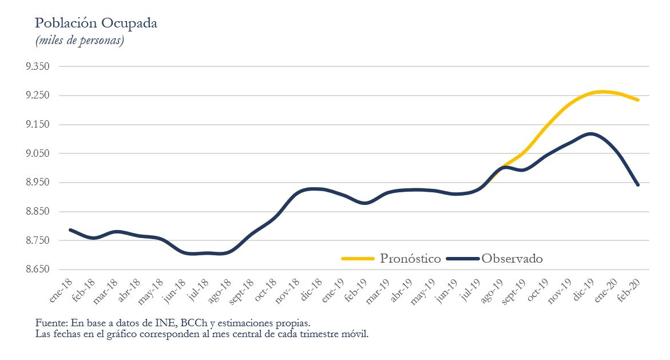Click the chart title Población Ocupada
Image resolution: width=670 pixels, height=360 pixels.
click(96, 23)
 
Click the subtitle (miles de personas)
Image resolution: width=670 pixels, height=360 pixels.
click(80, 41)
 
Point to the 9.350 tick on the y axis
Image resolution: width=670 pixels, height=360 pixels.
click(38, 66)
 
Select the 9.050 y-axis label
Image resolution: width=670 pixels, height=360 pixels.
click(38, 153)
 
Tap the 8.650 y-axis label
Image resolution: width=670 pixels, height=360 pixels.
click(38, 270)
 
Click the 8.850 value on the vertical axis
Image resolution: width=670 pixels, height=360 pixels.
click(38, 212)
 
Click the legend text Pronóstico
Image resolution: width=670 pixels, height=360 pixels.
click(410, 259)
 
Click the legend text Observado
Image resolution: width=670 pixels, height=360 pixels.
click(512, 259)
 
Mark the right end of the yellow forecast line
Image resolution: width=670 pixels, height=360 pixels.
click(638, 100)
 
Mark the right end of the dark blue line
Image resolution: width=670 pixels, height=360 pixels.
click(638, 185)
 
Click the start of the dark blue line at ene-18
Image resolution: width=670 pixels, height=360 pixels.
click(70, 230)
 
